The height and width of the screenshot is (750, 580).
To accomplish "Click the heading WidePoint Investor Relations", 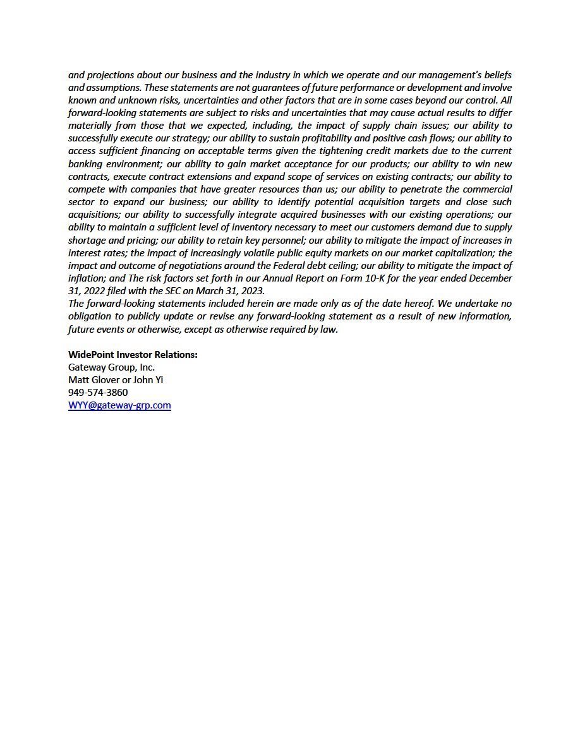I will (133, 355).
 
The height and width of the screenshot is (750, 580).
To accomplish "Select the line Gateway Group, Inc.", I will (111, 367).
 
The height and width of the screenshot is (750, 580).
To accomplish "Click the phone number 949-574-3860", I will (98, 393).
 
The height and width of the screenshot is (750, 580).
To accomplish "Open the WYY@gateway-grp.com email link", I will (119, 405).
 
